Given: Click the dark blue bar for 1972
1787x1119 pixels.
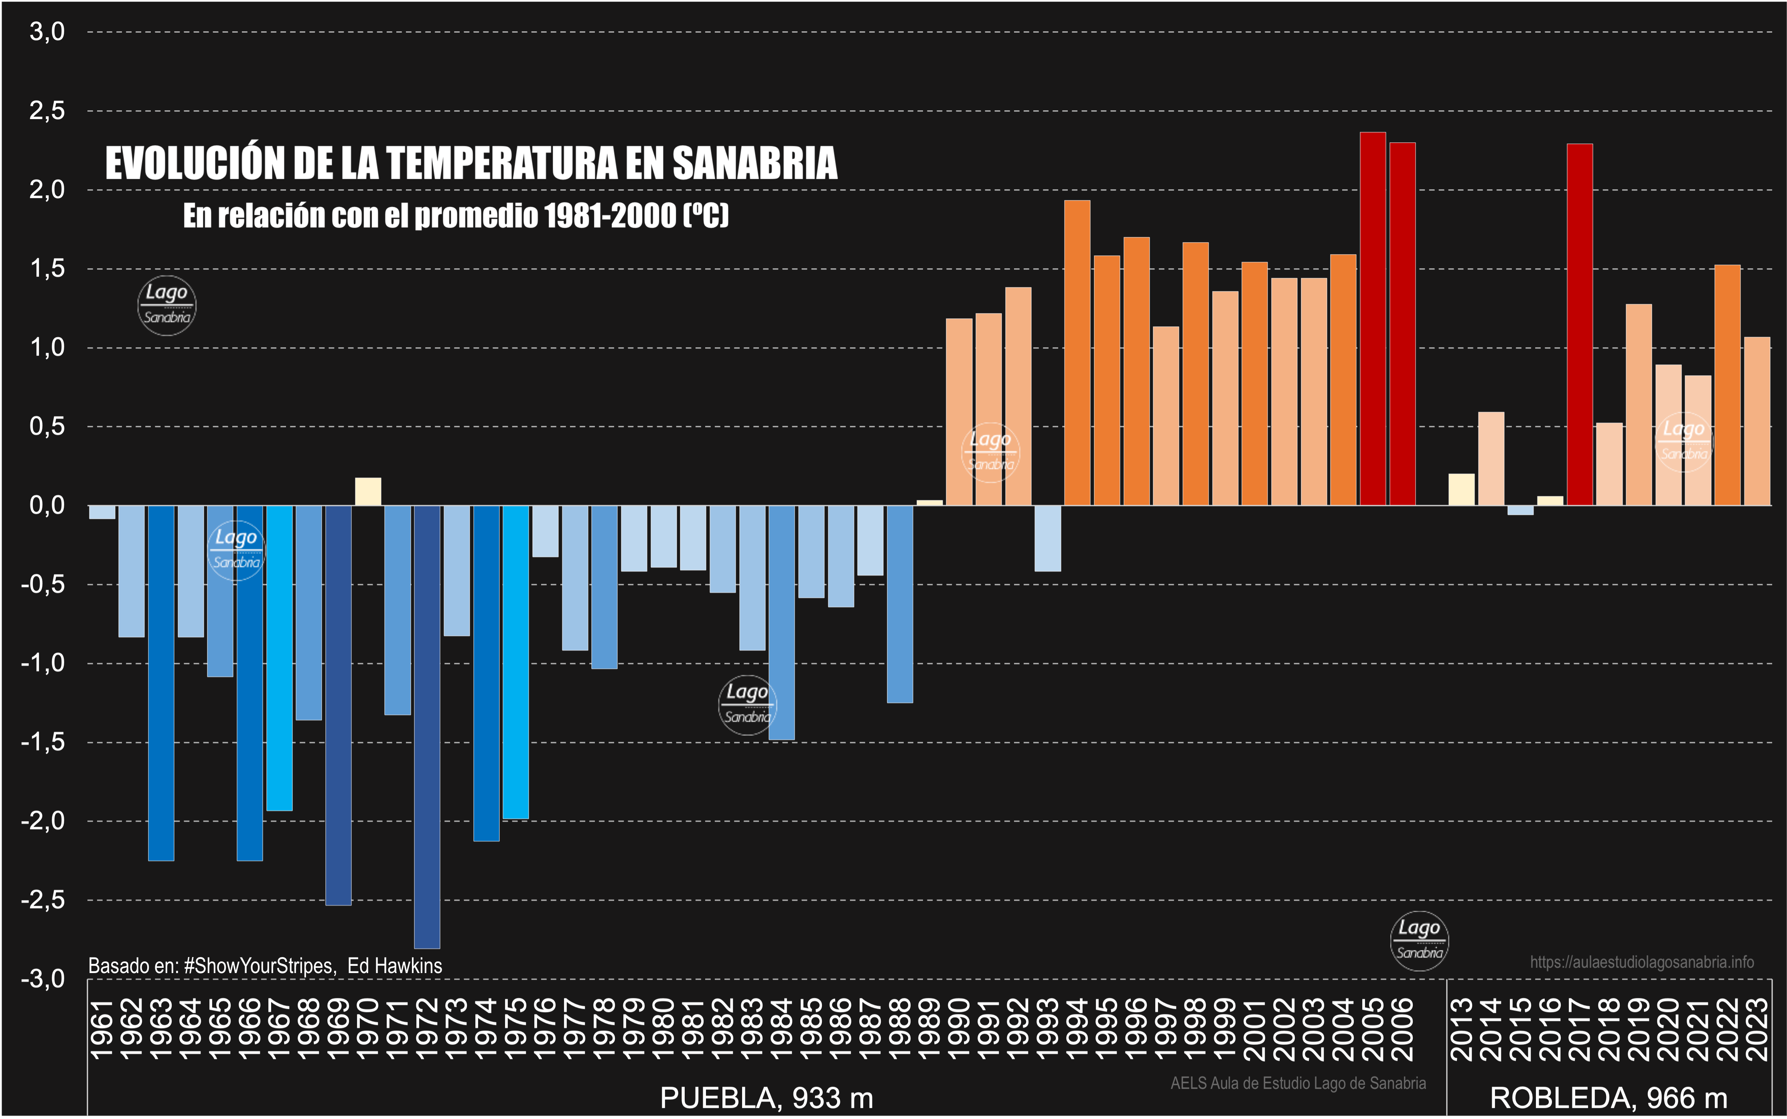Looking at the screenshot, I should [427, 725].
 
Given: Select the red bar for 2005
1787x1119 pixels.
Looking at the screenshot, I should [1373, 318].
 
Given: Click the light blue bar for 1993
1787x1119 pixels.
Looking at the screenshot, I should [1047, 538].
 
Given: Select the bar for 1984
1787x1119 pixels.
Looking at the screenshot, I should [782, 622].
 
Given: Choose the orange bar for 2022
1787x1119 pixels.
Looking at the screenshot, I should [1727, 385].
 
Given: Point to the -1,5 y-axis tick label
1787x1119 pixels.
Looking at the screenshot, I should [43, 742].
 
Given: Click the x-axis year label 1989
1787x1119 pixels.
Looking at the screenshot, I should [930, 1029].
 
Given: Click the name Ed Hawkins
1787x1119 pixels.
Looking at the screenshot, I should [395, 966].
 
